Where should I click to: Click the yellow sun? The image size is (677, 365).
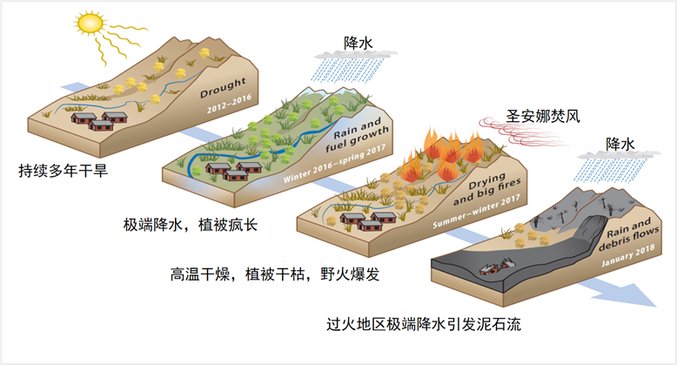pos(90,23)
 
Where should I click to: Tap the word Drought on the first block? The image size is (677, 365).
pos(223,87)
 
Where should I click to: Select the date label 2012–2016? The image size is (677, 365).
pos(229,104)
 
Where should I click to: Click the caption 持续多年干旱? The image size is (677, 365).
pos(63,171)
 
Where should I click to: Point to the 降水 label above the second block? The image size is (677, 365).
pos(359,44)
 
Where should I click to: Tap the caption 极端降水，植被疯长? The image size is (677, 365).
pos(191,225)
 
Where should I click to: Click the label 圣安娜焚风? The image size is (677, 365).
pos(543,116)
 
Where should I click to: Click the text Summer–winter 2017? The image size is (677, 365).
pos(476,212)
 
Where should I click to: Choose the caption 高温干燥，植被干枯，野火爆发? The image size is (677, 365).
pos(275,274)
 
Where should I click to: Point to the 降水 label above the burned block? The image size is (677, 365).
pos(620,144)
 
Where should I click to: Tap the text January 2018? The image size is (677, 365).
pos(628,255)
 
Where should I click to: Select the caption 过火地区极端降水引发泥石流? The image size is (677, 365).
pos(424,324)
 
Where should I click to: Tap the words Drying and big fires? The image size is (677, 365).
pos(487,188)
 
